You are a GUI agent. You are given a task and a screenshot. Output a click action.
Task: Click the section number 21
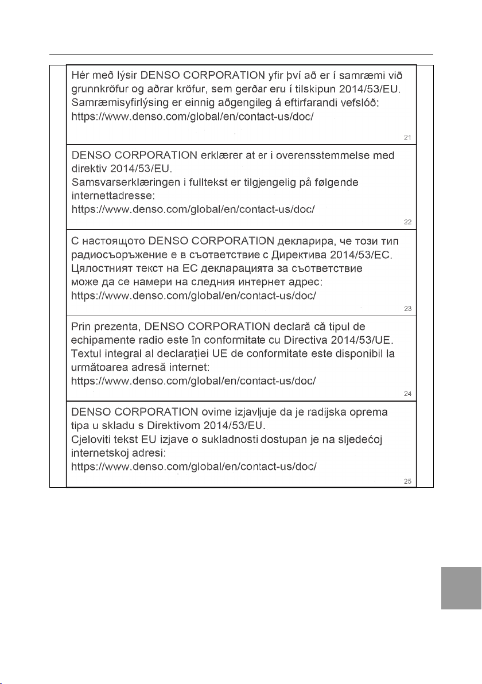(x=407, y=138)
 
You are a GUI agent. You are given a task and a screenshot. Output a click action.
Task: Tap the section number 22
(x=407, y=223)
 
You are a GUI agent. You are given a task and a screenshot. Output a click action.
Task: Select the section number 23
(x=407, y=309)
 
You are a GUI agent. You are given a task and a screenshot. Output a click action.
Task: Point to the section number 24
(x=407, y=394)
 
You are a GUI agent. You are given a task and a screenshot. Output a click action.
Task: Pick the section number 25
(x=407, y=481)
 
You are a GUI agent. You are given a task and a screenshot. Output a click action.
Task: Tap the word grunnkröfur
(x=98, y=90)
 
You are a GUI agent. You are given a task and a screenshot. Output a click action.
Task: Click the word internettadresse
(x=108, y=196)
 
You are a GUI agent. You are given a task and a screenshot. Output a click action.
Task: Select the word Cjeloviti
(x=92, y=440)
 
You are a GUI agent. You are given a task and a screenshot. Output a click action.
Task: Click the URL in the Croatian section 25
(x=193, y=467)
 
